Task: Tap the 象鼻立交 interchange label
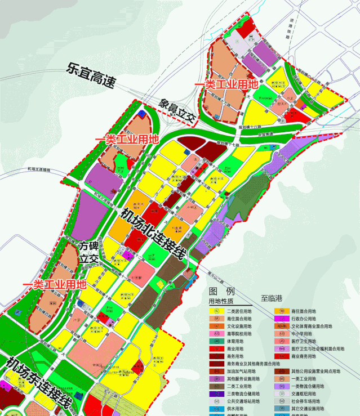point(176,111)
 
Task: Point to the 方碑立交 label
point(90,252)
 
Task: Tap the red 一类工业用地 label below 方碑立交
point(54,284)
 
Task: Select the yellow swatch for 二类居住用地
point(215,311)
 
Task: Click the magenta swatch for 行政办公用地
point(279,319)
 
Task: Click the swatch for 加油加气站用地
point(215,372)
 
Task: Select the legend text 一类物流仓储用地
point(308,387)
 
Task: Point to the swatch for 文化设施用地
point(215,326)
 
